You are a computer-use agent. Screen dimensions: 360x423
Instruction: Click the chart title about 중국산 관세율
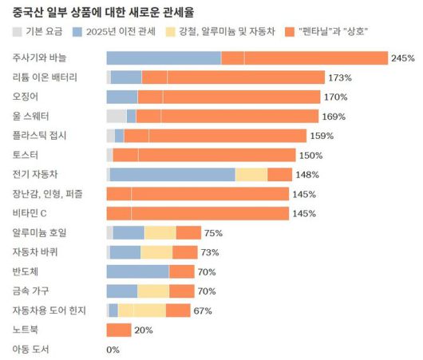[x=104, y=12]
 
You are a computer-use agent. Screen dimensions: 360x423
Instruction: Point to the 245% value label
[x=403, y=58]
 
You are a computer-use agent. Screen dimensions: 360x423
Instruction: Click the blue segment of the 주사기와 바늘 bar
[x=164, y=58]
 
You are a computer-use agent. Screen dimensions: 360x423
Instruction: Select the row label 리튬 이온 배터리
[x=45, y=77]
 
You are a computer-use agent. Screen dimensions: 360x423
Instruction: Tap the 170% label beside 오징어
[x=335, y=97]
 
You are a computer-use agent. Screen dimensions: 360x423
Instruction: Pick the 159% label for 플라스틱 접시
[x=322, y=136]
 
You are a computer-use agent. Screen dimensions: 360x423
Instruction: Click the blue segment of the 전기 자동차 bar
[x=172, y=174]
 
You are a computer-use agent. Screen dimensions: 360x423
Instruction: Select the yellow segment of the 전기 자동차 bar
[x=251, y=174]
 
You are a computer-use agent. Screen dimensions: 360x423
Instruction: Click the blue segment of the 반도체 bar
[x=137, y=271]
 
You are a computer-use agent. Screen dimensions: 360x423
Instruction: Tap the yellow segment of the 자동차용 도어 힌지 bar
[x=141, y=311]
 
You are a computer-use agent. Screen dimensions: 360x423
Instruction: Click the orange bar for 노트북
[x=118, y=330]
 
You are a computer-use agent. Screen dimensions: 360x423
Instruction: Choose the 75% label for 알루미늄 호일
[x=213, y=233]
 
